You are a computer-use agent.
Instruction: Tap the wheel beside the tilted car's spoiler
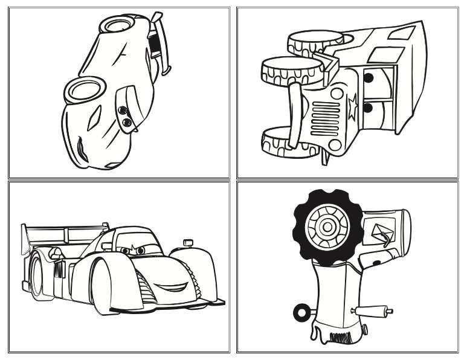(117, 24)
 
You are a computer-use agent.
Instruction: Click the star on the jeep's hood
(352, 106)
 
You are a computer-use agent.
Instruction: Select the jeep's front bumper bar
(294, 115)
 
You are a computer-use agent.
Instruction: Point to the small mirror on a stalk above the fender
(188, 243)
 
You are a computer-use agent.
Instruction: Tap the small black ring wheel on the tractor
(300, 313)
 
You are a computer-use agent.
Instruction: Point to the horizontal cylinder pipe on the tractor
(372, 310)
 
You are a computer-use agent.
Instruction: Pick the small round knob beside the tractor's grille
(364, 329)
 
